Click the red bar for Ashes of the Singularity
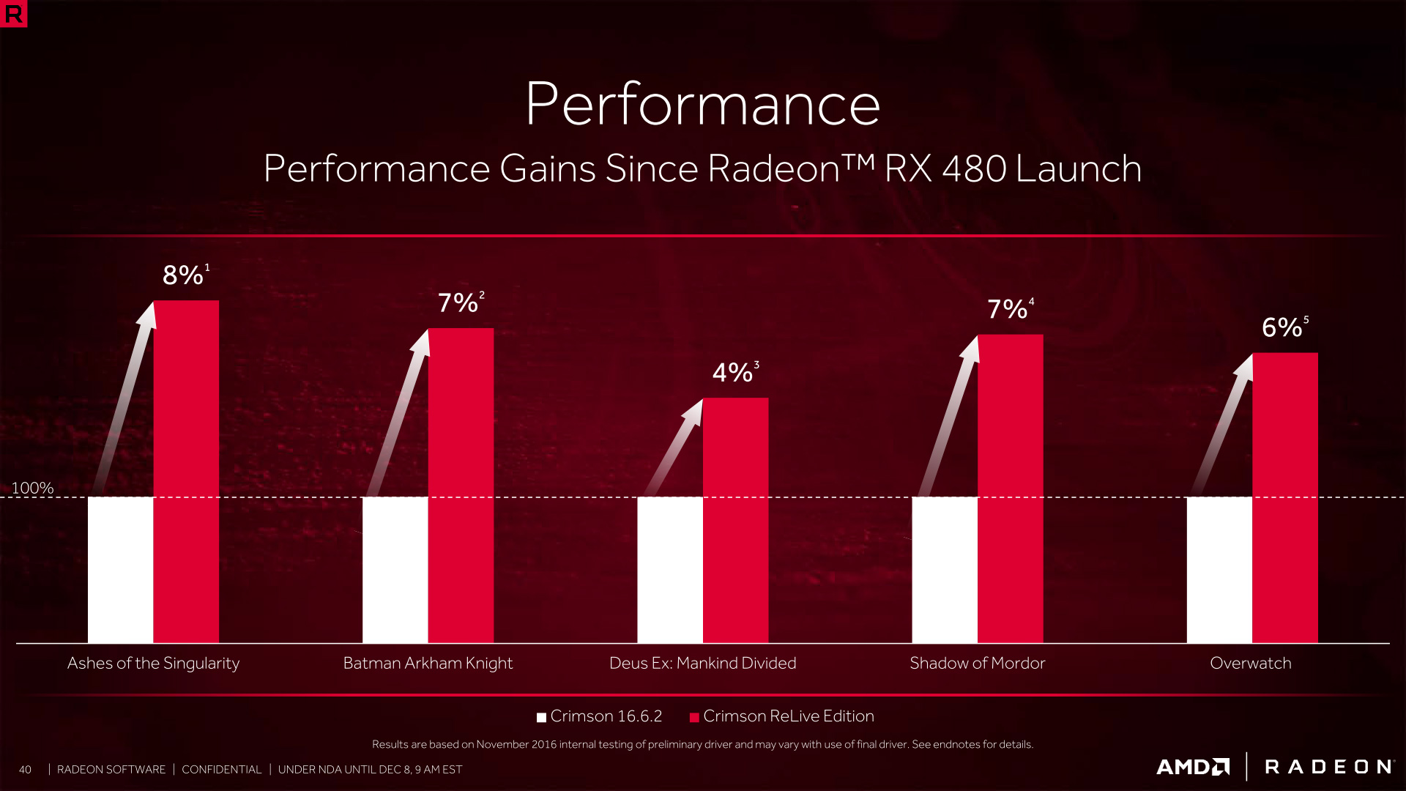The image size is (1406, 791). point(186,472)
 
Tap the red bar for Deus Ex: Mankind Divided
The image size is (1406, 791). point(735,520)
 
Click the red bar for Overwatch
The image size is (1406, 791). point(1285,498)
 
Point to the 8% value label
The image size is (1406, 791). point(183,275)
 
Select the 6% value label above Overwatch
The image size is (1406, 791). point(1282,327)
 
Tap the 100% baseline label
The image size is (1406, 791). point(32,488)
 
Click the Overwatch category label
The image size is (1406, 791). point(1251,663)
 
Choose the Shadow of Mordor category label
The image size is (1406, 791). point(977,663)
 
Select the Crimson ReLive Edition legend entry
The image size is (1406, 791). point(781,716)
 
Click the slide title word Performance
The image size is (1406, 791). point(702,105)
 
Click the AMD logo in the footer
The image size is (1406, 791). point(1193,767)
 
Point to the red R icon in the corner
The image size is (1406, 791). point(13,13)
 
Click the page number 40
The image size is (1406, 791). point(25,770)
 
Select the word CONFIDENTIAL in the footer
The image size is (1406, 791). point(221,770)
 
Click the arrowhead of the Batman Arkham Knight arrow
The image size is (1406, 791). point(422,341)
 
